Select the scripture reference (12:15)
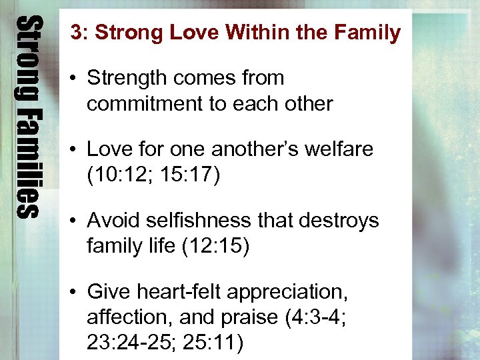[x=215, y=246]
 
